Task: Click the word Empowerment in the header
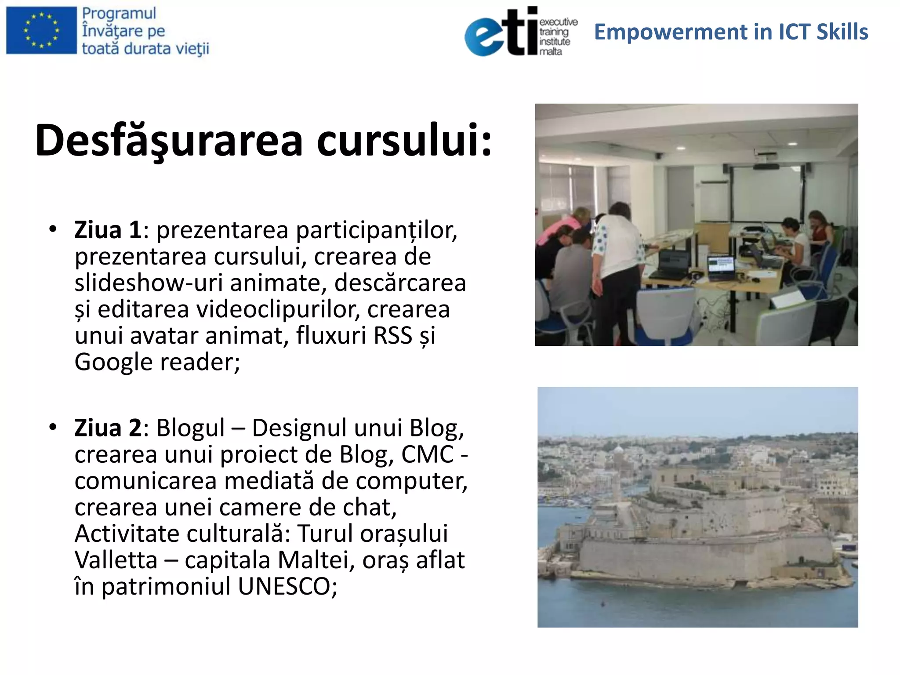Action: coord(671,32)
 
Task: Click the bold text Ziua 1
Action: coord(108,230)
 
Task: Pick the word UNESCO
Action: coord(287,586)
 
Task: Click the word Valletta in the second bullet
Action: coord(116,560)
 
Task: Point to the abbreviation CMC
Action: coord(427,454)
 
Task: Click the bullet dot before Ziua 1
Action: coord(53,229)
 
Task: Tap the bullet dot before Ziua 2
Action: coord(53,427)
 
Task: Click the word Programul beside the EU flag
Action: coord(119,13)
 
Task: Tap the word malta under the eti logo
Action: coord(551,51)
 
